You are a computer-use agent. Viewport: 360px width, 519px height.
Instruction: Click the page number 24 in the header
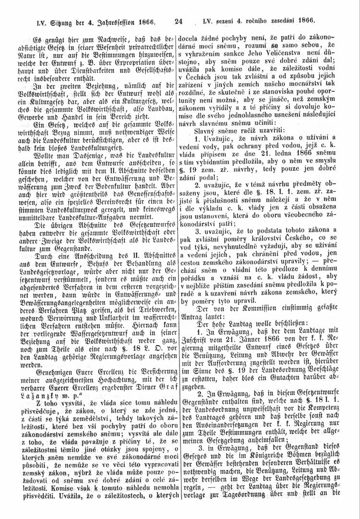pyautogui.click(x=180, y=21)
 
